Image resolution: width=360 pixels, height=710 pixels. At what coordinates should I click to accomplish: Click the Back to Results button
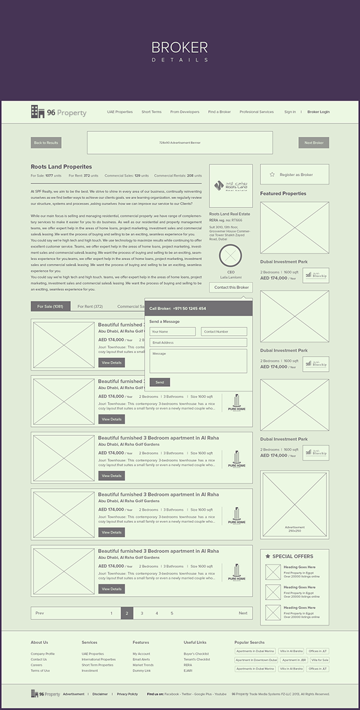pyautogui.click(x=46, y=143)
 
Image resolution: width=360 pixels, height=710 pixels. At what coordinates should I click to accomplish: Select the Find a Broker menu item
pyautogui.click(x=220, y=112)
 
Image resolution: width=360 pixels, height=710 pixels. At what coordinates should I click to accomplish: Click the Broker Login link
pyautogui.click(x=319, y=112)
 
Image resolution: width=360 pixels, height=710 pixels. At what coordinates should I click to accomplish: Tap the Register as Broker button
pyautogui.click(x=295, y=175)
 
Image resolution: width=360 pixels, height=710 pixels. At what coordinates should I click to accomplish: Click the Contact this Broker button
pyautogui.click(x=231, y=288)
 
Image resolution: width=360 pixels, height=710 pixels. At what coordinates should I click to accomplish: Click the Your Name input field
pyautogui.click(x=173, y=332)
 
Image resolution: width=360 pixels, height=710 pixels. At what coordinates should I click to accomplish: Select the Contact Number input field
pyautogui.click(x=224, y=332)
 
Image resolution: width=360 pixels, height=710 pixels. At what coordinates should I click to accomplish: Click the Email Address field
pyautogui.click(x=198, y=342)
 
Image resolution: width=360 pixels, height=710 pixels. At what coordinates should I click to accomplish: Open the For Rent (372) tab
pyautogui.click(x=90, y=306)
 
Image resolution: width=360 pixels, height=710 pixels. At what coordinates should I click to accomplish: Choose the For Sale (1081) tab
pyautogui.click(x=50, y=306)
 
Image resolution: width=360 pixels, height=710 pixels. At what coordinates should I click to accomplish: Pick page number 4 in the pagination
pyautogui.click(x=157, y=613)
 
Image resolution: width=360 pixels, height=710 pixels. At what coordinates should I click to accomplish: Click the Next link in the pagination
pyautogui.click(x=242, y=613)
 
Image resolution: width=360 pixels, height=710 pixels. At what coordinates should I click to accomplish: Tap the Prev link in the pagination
pyautogui.click(x=40, y=613)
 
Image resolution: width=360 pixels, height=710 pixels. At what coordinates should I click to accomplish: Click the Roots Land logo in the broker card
pyautogui.click(x=231, y=186)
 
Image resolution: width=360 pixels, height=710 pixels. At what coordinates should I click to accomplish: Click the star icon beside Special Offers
pyautogui.click(x=268, y=556)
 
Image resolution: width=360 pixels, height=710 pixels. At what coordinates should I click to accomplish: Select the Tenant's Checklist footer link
pyautogui.click(x=197, y=659)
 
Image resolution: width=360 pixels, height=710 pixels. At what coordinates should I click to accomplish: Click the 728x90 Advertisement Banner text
pyautogui.click(x=179, y=143)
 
